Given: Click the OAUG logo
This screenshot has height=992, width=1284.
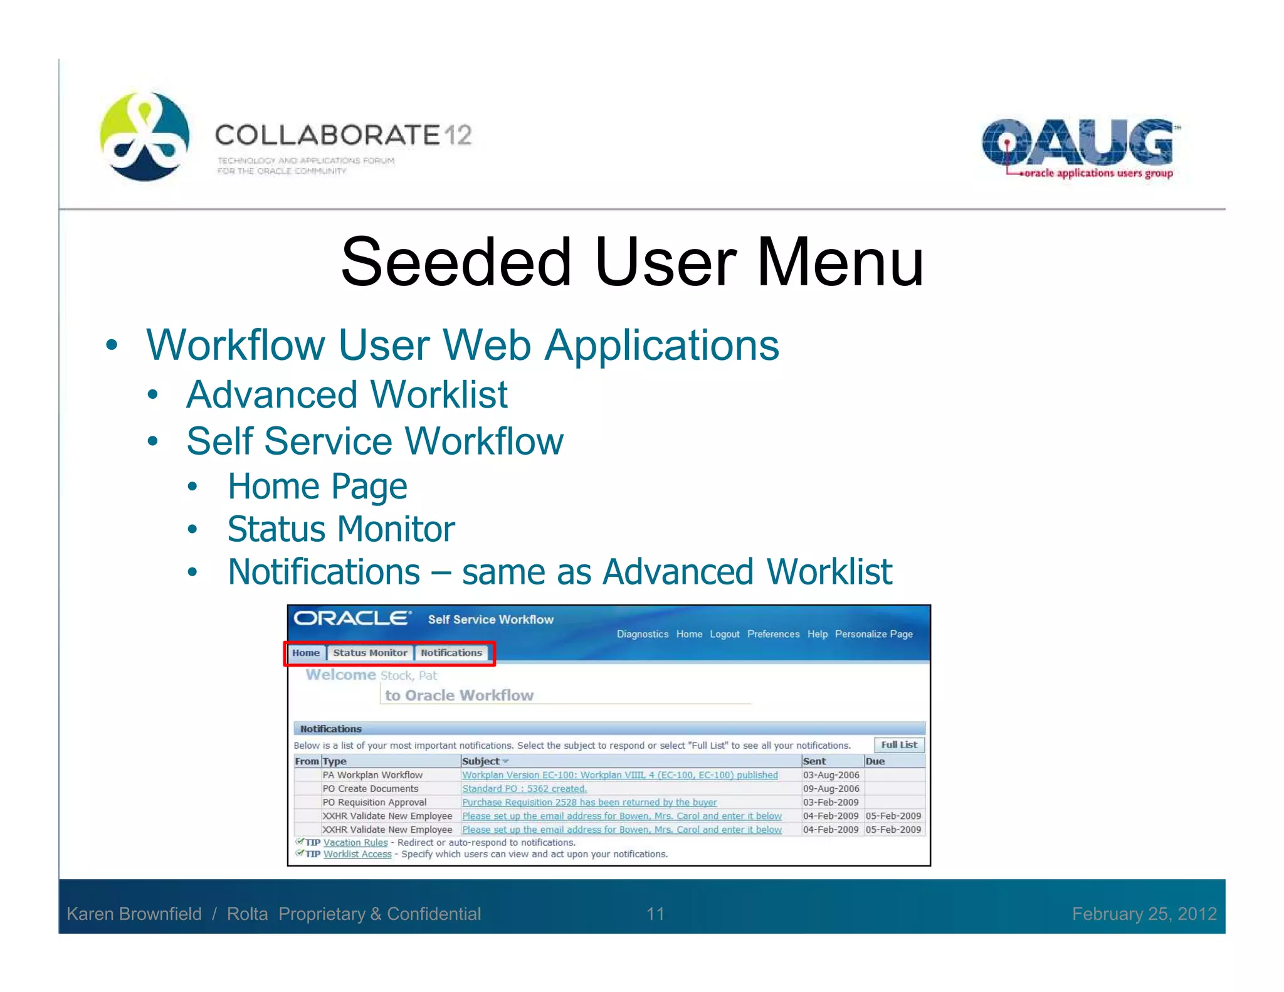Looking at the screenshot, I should [x=1078, y=148].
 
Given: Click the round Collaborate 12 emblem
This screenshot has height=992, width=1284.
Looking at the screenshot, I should [x=145, y=136].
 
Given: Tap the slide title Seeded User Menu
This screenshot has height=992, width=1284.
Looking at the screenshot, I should [x=632, y=261].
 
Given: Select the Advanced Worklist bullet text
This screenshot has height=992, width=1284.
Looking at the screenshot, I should [x=347, y=395].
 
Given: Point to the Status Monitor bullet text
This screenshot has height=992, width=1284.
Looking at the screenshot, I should [x=341, y=529].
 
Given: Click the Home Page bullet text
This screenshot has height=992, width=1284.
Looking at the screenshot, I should [x=317, y=487].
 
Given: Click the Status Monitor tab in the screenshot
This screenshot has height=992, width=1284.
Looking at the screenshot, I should [x=370, y=653].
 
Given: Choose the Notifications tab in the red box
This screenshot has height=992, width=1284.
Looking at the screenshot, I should [x=451, y=653].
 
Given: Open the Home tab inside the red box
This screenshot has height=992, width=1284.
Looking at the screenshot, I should [x=306, y=653].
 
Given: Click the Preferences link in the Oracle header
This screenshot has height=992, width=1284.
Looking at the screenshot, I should [x=773, y=634].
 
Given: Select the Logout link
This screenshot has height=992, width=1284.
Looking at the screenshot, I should [x=724, y=634].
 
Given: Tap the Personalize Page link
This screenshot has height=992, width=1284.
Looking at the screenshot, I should [x=873, y=634].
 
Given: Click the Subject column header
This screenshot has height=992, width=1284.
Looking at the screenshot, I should [x=481, y=761].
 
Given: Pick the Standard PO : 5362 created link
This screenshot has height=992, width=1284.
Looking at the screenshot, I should [x=524, y=789].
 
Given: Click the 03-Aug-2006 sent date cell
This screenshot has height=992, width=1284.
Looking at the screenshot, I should [x=831, y=775].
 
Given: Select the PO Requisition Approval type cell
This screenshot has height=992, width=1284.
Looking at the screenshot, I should [x=374, y=803].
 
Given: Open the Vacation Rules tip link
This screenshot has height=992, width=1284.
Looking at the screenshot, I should [x=355, y=843].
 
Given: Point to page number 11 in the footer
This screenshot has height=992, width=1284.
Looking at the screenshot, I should [x=655, y=914].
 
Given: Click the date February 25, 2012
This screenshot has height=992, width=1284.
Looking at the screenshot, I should [x=1144, y=914].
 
